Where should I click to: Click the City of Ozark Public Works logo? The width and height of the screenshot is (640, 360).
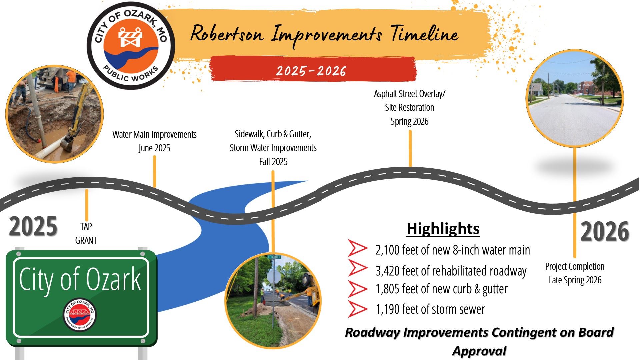pos(131,46)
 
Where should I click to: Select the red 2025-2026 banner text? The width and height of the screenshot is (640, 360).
pos(311,71)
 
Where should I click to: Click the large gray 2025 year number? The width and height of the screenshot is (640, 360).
pos(33,227)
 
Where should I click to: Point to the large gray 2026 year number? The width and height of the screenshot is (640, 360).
pos(604,231)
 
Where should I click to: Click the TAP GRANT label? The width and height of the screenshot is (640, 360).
pos(86,233)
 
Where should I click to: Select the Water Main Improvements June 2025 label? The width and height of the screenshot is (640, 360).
pos(154,141)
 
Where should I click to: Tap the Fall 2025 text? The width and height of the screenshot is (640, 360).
pos(273,162)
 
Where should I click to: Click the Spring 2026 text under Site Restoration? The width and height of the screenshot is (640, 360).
pos(409,121)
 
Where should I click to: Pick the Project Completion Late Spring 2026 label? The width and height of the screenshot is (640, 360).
pos(575,273)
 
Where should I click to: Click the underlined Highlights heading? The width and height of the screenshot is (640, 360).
pos(443,229)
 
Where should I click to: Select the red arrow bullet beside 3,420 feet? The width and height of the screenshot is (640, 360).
pos(357,268)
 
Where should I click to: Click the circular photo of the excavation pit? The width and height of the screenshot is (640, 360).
pos(55,114)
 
